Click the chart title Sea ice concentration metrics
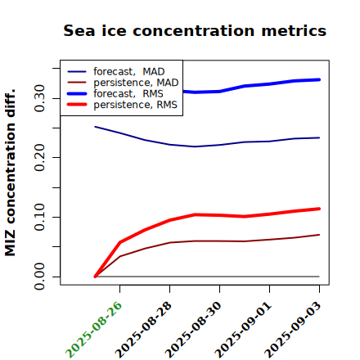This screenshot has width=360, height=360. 195,30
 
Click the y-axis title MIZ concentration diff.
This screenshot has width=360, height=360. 11,173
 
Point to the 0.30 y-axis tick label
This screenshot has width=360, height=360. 39,98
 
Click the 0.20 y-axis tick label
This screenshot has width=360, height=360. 39,158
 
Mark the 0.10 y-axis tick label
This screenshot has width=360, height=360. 39,217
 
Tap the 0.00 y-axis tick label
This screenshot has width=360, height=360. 39,277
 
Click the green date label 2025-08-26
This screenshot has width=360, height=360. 93,330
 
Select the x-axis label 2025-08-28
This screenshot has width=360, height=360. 143,330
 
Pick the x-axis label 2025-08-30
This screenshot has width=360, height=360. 193,330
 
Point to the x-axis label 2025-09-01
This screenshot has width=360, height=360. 243,330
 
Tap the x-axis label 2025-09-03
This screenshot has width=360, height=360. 293,330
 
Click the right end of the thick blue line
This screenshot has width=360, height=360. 319,79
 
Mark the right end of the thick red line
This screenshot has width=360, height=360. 319,209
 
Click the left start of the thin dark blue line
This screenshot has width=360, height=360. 95,127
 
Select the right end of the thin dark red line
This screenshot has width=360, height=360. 319,235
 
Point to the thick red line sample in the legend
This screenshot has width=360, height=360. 77,104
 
